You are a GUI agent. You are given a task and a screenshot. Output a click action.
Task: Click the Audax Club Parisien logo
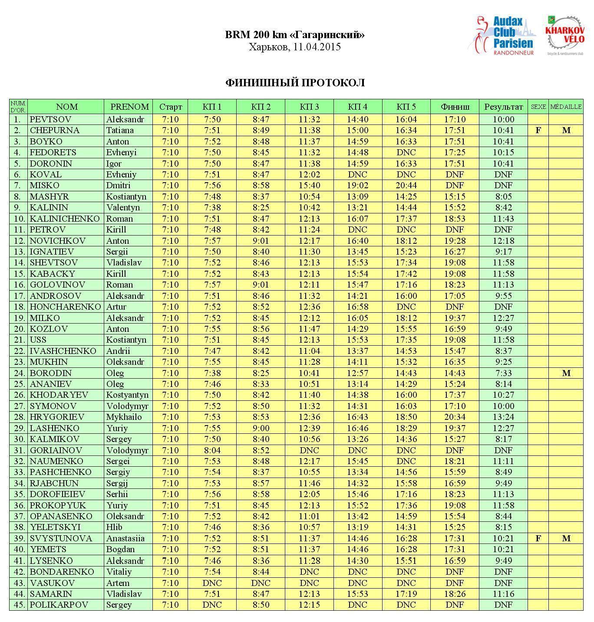pyautogui.click(x=502, y=36)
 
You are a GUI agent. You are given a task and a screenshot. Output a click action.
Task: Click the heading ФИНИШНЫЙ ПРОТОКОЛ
pyautogui.click(x=295, y=83)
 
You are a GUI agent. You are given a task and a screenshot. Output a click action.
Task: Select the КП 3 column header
pyautogui.click(x=309, y=107)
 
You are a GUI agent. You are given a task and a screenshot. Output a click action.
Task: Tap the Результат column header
pyautogui.click(x=503, y=107)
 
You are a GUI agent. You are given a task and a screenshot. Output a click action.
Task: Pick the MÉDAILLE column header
pyautogui.click(x=566, y=107)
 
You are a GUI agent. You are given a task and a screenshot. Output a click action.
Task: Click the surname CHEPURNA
pyautogui.click(x=55, y=130)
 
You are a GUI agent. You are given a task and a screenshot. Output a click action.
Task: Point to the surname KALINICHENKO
pyautogui.click(x=65, y=219)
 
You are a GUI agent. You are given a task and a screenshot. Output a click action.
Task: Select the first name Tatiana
pyautogui.click(x=120, y=130)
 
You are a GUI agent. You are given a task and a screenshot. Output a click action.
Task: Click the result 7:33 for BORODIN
pyautogui.click(x=503, y=373)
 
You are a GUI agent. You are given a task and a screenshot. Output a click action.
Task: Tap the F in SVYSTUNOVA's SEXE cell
pyautogui.click(x=538, y=538)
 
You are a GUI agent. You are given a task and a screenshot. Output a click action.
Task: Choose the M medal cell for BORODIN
pyautogui.click(x=566, y=373)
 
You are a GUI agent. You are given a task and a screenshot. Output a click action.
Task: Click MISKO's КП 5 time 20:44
pyautogui.click(x=406, y=185)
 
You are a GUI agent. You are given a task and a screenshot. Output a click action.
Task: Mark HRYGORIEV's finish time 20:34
pyautogui.click(x=455, y=417)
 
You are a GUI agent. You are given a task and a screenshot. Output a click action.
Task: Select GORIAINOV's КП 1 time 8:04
pyautogui.click(x=212, y=450)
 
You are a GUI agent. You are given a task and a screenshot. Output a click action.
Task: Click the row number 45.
pyautogui.click(x=18, y=605)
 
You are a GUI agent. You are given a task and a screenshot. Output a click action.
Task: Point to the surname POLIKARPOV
pyautogui.click(x=59, y=605)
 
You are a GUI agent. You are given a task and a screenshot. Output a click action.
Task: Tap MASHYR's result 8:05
pyautogui.click(x=503, y=196)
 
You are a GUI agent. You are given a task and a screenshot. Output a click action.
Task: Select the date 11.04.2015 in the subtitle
pyautogui.click(x=317, y=47)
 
